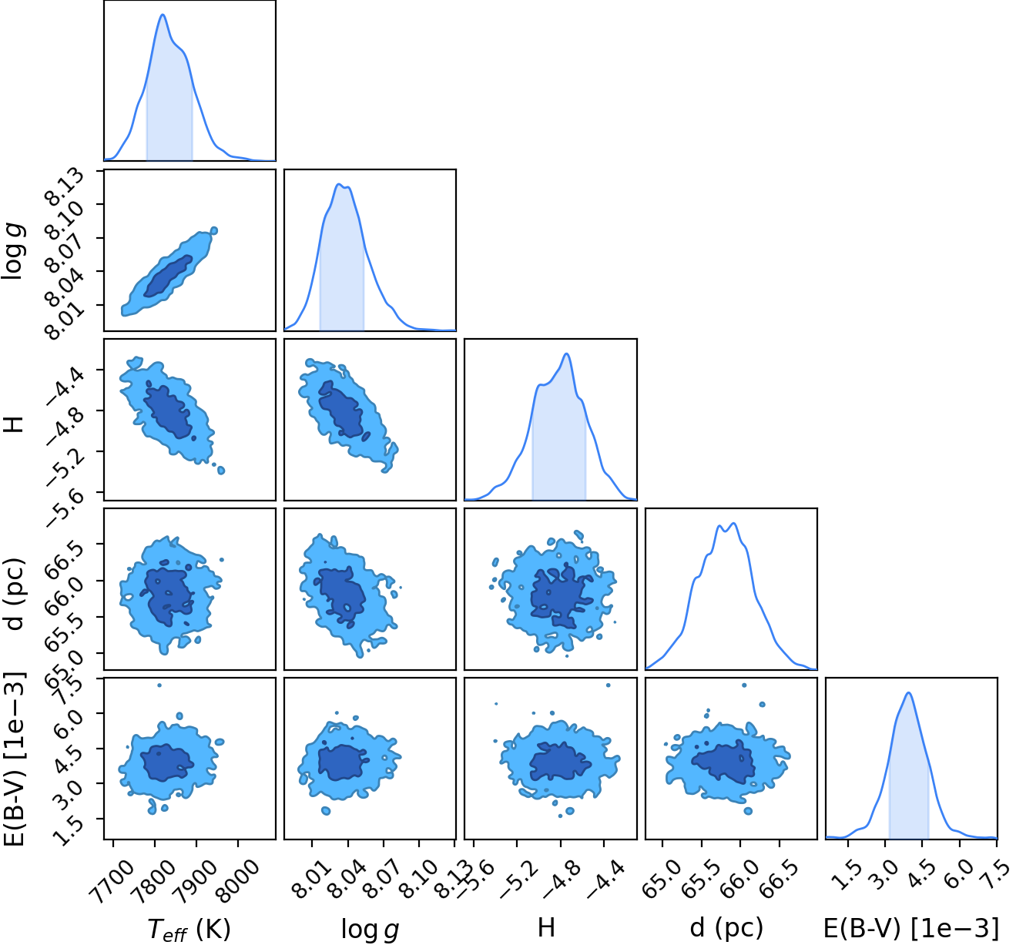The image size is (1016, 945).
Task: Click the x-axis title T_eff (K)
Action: click(189, 929)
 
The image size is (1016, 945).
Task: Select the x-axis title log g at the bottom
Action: click(370, 929)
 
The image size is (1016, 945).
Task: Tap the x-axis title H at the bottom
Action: click(546, 927)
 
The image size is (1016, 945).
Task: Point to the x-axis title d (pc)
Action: click(726, 928)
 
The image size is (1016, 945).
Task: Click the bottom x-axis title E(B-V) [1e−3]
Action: click(911, 928)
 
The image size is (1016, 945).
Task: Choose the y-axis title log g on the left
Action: click(12, 252)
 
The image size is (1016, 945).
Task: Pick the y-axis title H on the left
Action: click(14, 424)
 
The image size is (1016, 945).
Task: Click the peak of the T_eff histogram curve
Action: click(163, 15)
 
